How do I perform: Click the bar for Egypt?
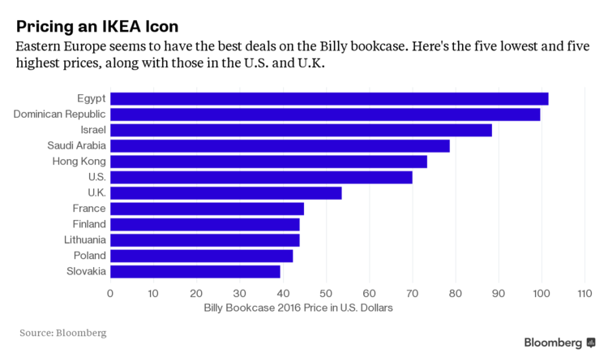[328, 99]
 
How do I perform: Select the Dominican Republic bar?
[324, 114]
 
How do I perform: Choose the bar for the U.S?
[260, 177]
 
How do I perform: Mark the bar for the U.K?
[225, 193]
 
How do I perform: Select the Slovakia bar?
[195, 271]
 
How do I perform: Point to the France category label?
[89, 209]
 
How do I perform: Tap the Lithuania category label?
[85, 240]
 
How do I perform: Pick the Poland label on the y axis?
[88, 256]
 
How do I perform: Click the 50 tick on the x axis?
[326, 292]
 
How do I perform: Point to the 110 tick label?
[584, 292]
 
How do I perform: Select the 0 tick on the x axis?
[110, 292]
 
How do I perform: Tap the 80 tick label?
[455, 292]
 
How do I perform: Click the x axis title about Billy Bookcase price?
[298, 308]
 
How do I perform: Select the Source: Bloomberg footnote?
[62, 333]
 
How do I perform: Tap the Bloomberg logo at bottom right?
[559, 343]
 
